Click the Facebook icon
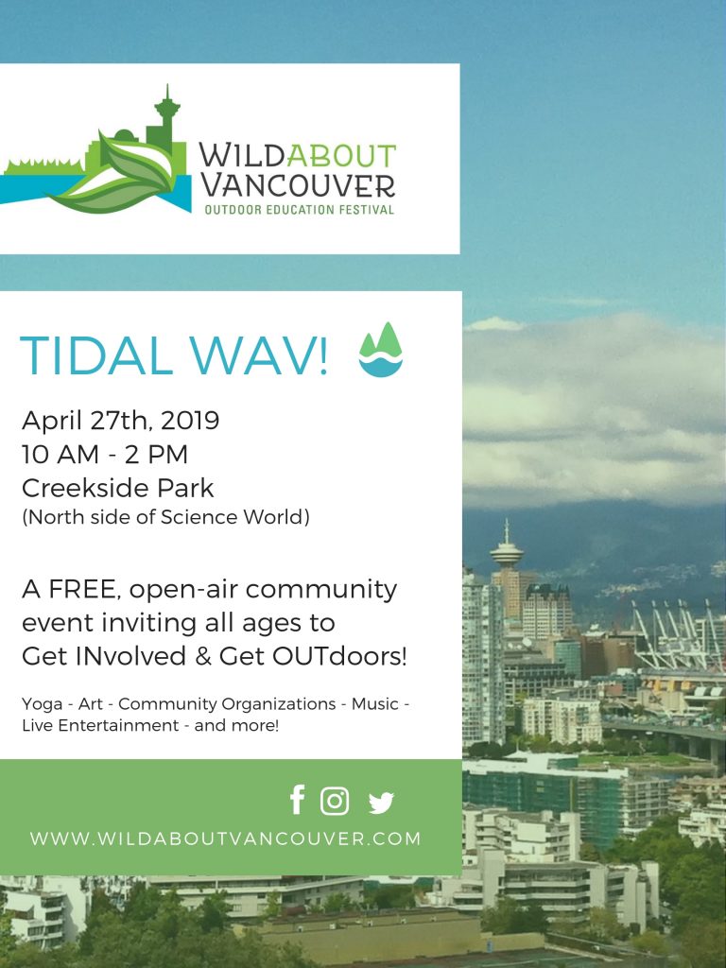298,800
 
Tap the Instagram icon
335,801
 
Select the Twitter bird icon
381,803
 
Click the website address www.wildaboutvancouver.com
225,838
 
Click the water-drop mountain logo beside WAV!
381,350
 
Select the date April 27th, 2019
120,421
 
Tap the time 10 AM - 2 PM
105,455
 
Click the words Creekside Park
118,489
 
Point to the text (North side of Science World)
165,517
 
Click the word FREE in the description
85,590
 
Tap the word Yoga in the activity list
42,704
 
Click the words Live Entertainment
100,725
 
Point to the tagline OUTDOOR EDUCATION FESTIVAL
300,210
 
